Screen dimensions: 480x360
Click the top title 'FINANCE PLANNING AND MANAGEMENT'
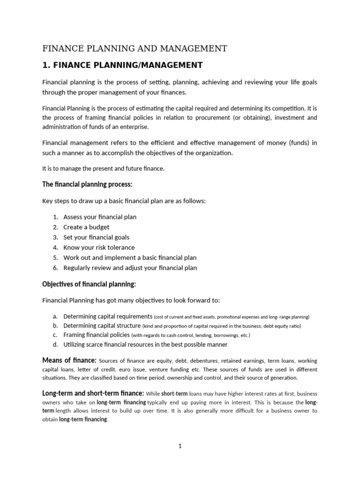135,48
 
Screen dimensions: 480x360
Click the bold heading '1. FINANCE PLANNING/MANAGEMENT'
123,65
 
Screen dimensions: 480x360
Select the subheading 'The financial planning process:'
88,184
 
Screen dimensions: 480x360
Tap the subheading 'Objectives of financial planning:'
89,284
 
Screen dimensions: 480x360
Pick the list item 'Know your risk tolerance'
99,247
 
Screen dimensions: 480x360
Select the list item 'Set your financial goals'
97,237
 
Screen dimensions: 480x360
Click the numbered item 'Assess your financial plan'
100,217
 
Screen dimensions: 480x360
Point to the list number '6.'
55,268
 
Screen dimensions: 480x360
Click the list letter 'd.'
55,345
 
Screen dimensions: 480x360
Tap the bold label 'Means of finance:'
69,360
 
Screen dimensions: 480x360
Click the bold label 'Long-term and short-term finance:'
93,393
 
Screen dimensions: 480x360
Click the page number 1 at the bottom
180,446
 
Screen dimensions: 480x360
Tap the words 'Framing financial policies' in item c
97,335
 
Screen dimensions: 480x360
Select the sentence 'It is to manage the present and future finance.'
104,169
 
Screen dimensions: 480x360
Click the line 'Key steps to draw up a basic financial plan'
124,201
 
